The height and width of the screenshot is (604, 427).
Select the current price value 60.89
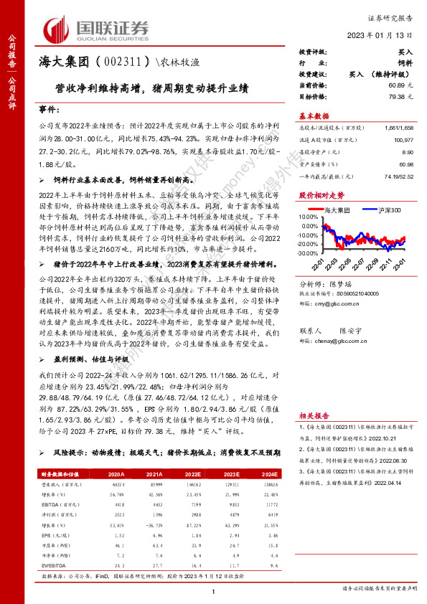[399, 85]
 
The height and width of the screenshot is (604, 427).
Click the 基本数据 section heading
[314, 115]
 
